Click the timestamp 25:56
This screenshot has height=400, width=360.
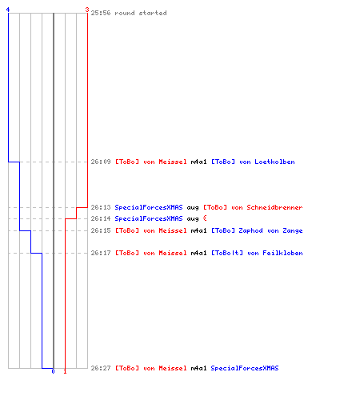coord(101,13)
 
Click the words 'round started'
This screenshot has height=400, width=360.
coord(141,13)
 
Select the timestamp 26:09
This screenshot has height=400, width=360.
coord(101,162)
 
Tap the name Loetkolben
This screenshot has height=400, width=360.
coord(274,162)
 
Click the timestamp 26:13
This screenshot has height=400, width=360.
coord(101,207)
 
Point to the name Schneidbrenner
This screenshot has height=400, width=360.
coord(274,207)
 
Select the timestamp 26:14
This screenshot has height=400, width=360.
coord(101,218)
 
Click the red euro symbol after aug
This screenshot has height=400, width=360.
coord(205,218)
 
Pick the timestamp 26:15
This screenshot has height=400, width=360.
coord(101,230)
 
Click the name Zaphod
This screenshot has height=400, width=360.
coord(250,230)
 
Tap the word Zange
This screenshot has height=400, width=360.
coord(293,230)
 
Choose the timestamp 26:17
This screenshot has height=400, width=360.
coord(101,253)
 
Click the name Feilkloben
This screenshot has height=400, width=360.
coord(282,253)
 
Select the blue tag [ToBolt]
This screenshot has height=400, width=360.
coord(227,253)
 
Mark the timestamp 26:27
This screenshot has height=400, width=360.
coord(101,368)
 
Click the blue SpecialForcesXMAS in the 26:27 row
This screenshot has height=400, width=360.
coord(245,368)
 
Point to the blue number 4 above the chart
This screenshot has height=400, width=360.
coord(8,10)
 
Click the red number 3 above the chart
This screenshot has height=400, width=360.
coord(87,10)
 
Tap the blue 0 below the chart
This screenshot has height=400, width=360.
coord(53,371)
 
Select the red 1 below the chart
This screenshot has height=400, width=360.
coord(65,371)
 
